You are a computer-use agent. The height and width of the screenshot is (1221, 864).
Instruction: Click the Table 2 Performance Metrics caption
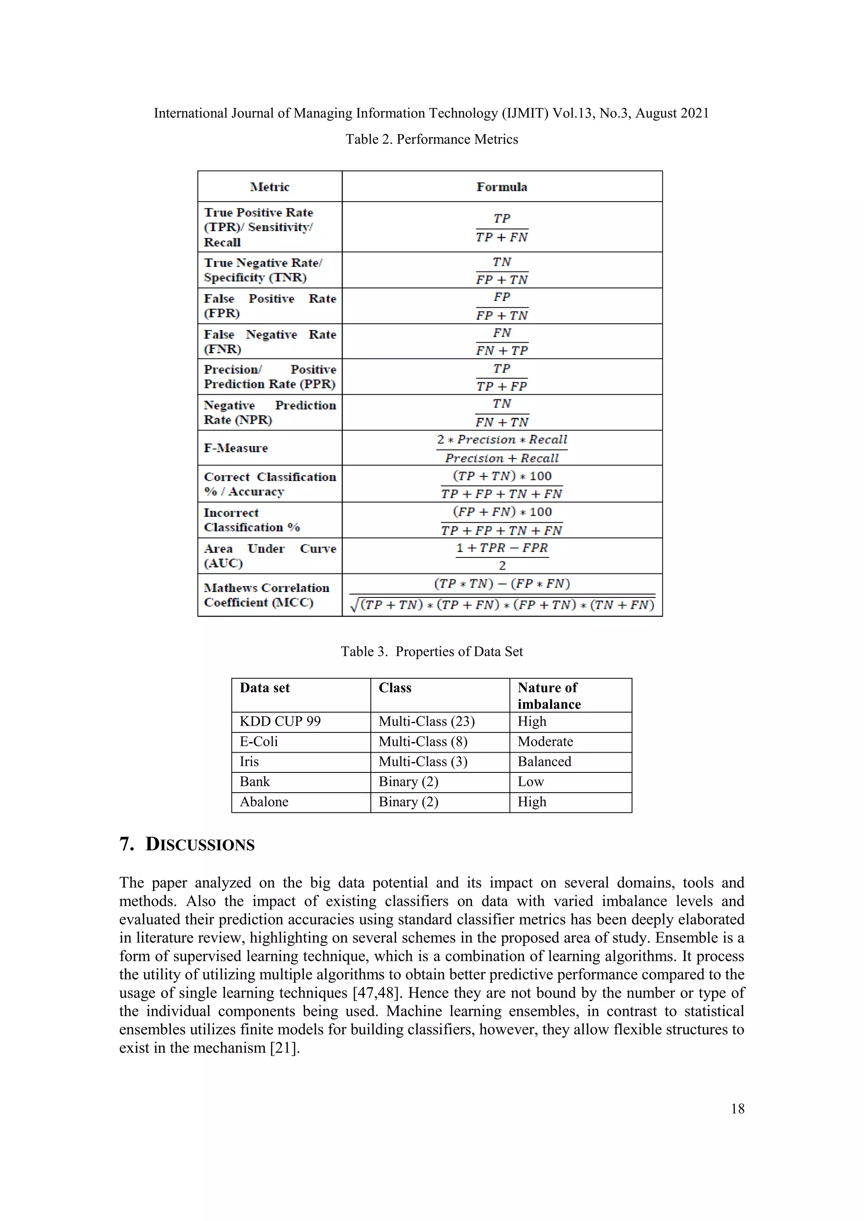click(432, 139)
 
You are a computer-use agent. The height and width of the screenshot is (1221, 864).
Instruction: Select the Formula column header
click(502, 187)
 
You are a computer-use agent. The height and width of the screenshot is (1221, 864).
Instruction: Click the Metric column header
click(270, 187)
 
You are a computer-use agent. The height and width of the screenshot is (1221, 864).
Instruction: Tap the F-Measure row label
click(236, 448)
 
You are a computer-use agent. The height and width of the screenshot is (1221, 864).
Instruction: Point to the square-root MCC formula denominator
click(502, 605)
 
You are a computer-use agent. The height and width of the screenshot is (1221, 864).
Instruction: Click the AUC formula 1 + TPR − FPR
click(502, 548)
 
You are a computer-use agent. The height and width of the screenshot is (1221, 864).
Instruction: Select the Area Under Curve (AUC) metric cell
click(270, 556)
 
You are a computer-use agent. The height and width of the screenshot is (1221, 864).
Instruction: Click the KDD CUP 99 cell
click(280, 722)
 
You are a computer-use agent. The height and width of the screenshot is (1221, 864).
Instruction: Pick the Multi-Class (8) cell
click(423, 742)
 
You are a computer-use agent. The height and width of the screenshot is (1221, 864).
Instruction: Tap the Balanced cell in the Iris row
click(544, 761)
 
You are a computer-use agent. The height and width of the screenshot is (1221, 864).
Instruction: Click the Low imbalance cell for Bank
click(531, 782)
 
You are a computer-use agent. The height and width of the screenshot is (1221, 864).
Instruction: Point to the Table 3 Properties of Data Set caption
click(432, 651)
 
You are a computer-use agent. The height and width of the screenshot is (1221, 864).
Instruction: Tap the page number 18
click(737, 1109)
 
